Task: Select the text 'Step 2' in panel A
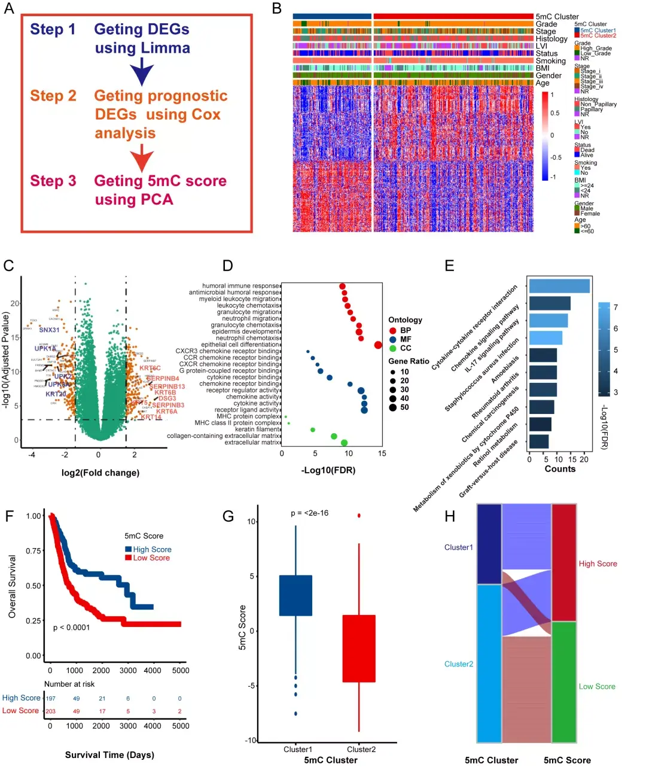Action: point(53,96)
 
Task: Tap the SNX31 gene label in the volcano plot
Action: point(49,330)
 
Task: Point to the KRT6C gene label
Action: point(150,369)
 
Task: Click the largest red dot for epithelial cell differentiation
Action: point(378,345)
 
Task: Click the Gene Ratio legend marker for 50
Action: point(392,407)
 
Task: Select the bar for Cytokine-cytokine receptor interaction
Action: point(559,286)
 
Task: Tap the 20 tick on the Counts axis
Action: point(584,459)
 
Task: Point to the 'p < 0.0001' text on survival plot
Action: point(71,627)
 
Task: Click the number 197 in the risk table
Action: point(51,698)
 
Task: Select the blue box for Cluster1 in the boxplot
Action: point(296,595)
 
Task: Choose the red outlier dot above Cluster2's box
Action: point(359,515)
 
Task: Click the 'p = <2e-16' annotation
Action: point(309,513)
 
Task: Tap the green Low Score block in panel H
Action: point(563,682)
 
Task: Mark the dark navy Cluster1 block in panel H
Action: point(489,544)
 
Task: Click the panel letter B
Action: point(277,8)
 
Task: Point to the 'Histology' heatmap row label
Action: point(551,39)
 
